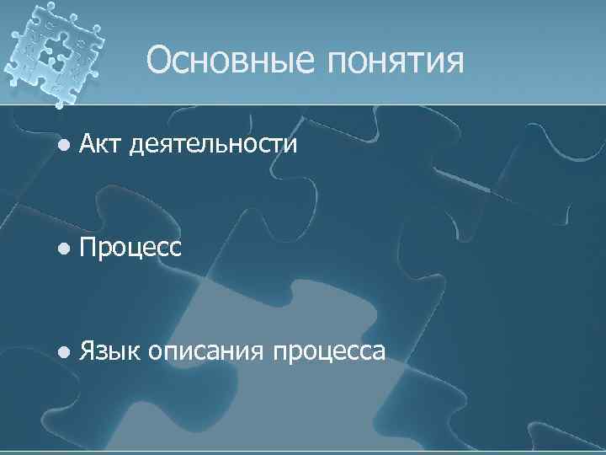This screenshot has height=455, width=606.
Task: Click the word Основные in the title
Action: click(228, 61)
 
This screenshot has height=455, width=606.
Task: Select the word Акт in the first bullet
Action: click(101, 144)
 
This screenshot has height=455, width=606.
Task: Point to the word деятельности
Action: click(214, 146)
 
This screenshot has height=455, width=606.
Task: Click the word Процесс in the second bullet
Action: click(130, 248)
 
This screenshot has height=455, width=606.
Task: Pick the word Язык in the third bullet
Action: click(109, 351)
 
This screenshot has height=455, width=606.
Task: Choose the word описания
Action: click(205, 352)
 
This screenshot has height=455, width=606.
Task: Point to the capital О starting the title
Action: click(159, 61)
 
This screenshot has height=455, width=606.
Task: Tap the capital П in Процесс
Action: click(88, 248)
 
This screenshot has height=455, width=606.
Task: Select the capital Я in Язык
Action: click(87, 351)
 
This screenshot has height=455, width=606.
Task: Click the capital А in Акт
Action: click(88, 144)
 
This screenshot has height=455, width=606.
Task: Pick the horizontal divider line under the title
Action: click(337, 107)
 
